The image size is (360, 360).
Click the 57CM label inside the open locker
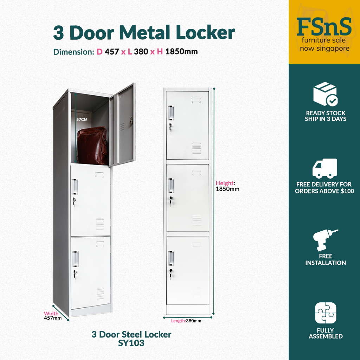82,120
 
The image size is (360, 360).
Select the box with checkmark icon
325,94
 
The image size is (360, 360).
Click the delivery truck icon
325,168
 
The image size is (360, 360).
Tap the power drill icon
325,239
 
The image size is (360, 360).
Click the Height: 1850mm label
227,186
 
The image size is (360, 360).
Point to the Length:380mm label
186,321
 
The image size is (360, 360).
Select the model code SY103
131,343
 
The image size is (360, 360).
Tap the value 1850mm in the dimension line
181,52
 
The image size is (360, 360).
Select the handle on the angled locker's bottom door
75,259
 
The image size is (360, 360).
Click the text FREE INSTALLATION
326,259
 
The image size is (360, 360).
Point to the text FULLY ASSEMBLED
326,333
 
